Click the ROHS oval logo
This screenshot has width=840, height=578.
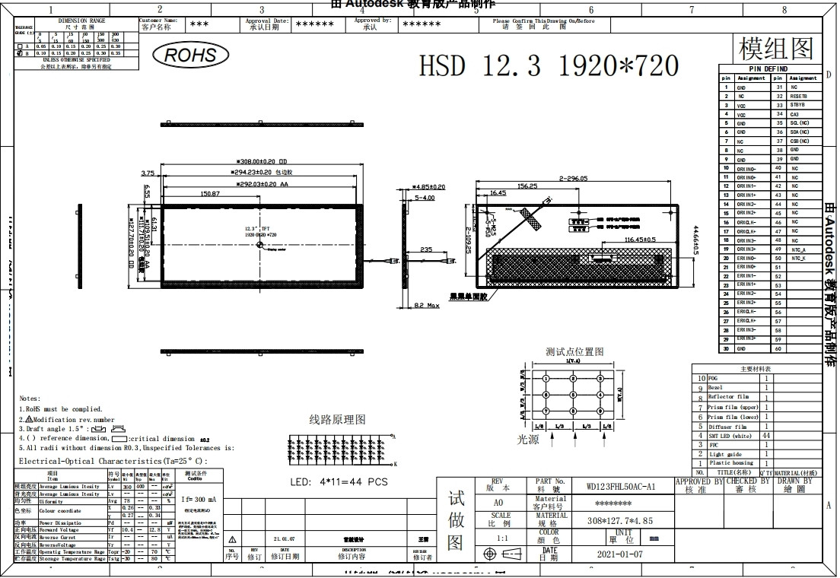click(190, 55)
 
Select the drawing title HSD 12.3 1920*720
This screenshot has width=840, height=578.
click(549, 65)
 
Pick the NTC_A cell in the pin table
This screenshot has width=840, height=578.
click(798, 249)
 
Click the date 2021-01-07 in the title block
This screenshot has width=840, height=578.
click(620, 554)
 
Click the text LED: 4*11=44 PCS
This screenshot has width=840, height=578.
click(339, 481)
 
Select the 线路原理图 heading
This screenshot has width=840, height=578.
click(337, 420)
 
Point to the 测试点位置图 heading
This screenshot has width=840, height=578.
click(574, 351)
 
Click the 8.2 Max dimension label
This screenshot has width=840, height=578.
click(427, 305)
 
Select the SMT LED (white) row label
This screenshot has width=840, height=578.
click(730, 436)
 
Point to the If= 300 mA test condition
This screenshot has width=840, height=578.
click(200, 499)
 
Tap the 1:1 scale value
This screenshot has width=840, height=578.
click(503, 538)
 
